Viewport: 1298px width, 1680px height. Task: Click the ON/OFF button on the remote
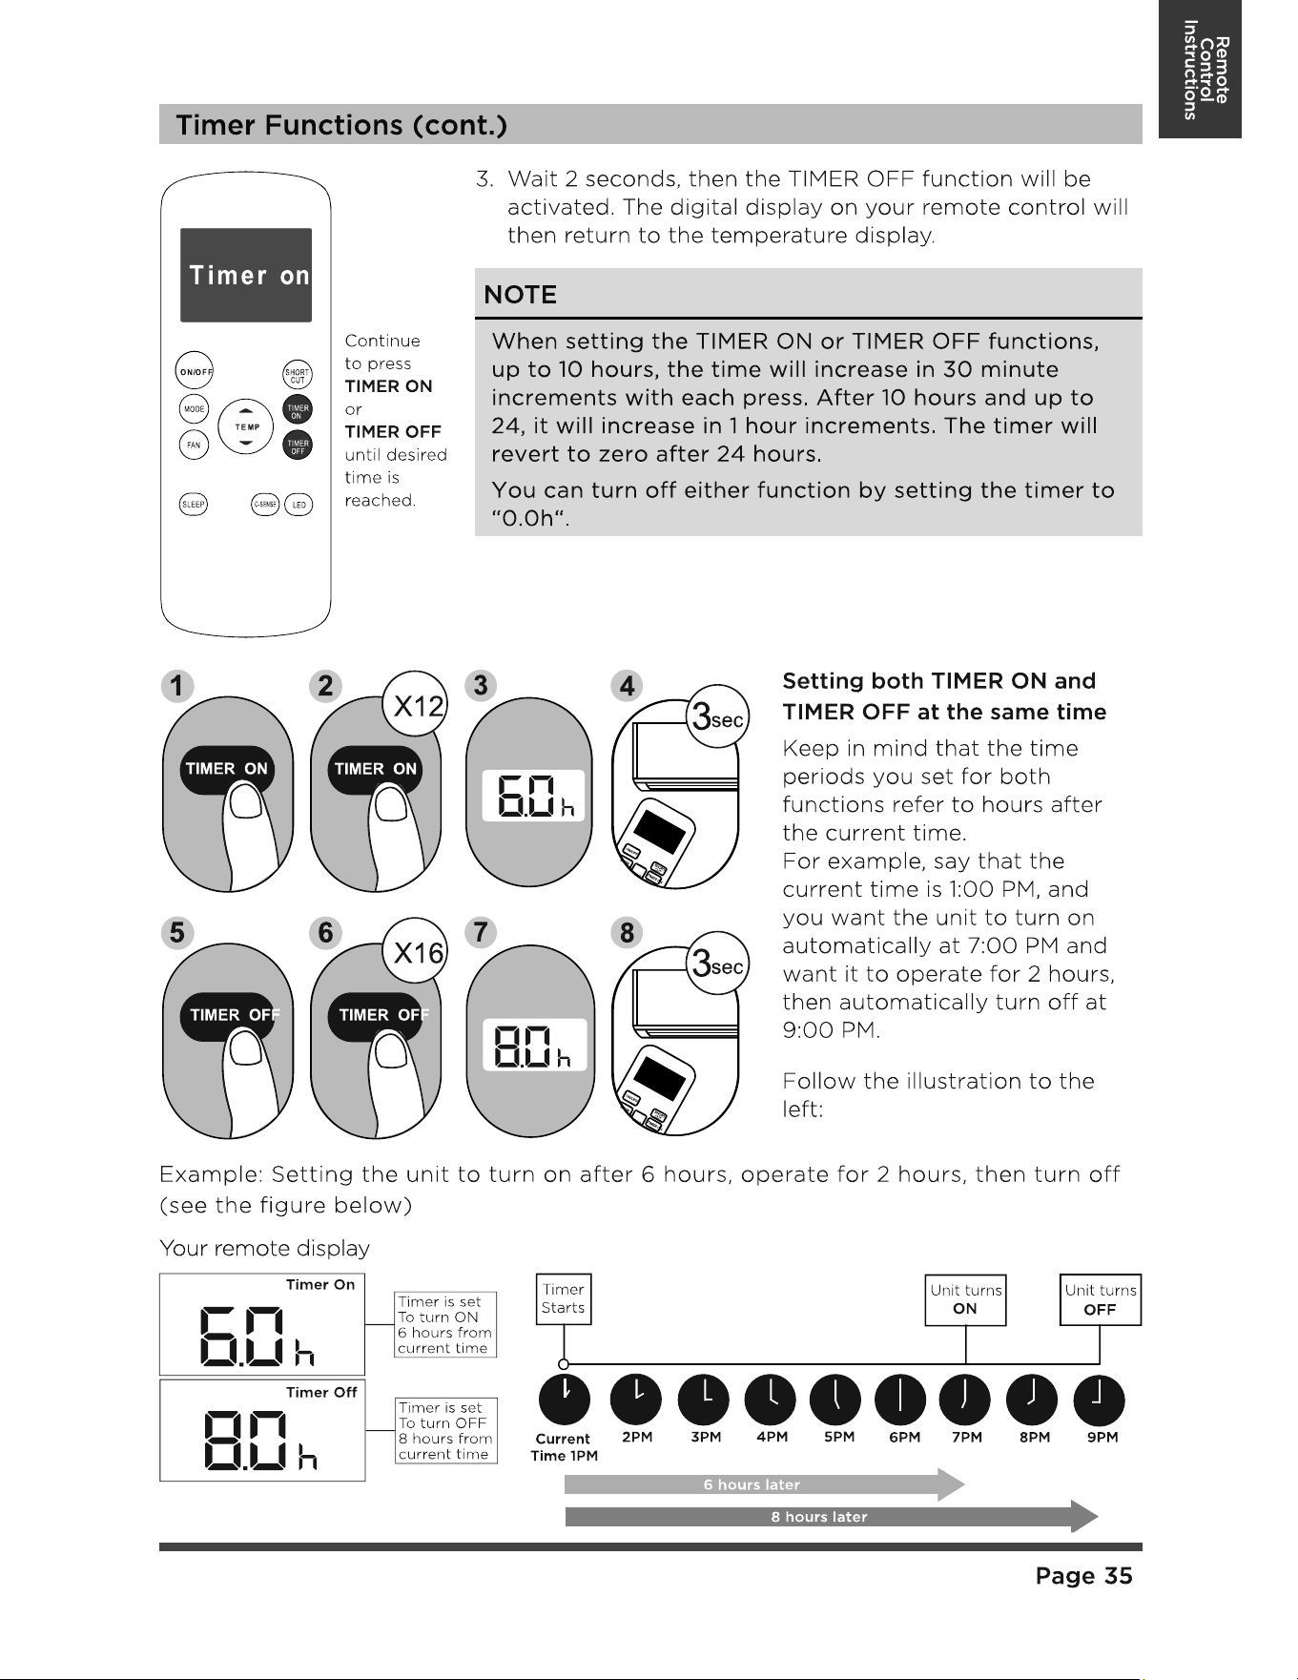[x=195, y=371]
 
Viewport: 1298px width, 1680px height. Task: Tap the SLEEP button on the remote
[x=194, y=505]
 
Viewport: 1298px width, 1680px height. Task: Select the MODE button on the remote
[x=195, y=408]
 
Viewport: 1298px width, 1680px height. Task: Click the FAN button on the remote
[x=194, y=445]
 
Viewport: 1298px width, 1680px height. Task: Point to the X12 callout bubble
[x=415, y=704]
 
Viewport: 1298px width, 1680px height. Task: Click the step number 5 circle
[x=176, y=932]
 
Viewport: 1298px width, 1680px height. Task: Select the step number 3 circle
[x=481, y=686]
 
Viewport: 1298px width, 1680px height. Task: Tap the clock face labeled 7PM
[x=965, y=1400]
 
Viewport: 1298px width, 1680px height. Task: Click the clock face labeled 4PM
[x=771, y=1400]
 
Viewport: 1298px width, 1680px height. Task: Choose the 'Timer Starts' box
[x=564, y=1299]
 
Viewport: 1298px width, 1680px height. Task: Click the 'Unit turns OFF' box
[x=1101, y=1299]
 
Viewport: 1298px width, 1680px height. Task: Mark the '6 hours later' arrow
[x=765, y=1484]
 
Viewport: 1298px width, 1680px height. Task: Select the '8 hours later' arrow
[x=832, y=1517]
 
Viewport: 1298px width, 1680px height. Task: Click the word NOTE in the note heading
[x=521, y=295]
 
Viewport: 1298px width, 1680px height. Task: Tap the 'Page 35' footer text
[x=1083, y=1575]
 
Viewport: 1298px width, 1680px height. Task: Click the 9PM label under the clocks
[x=1102, y=1437]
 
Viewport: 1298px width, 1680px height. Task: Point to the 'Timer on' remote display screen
[x=246, y=275]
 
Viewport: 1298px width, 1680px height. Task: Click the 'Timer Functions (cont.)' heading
[x=341, y=125]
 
